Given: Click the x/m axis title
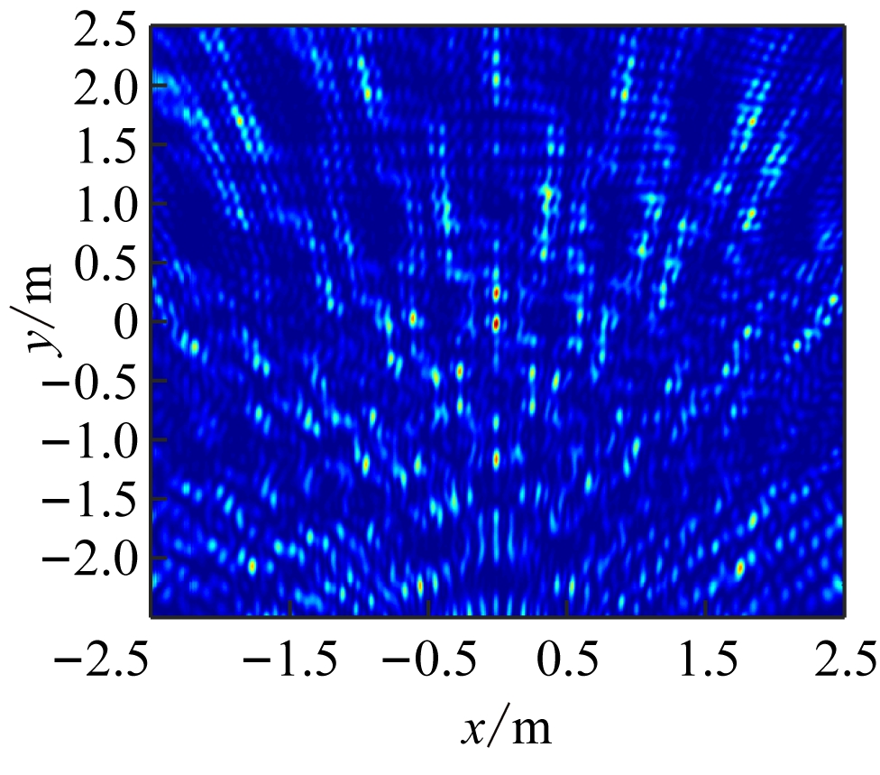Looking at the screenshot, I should click(x=506, y=726).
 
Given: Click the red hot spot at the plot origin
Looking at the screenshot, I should click(x=496, y=324).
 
